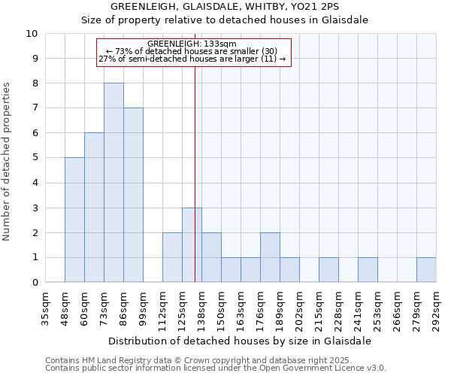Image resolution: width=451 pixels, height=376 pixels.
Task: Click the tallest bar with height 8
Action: coord(114,183)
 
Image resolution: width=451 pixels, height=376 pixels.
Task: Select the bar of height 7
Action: coord(133,195)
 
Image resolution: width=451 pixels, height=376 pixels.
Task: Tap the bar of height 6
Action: coord(94,208)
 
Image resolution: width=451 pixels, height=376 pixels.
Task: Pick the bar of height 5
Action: coord(74,220)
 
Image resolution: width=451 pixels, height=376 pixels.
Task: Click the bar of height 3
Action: coord(192,245)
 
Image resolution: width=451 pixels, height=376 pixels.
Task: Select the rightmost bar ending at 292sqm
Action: coord(426,270)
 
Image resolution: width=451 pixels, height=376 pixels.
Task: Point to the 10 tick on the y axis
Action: coord(32,34)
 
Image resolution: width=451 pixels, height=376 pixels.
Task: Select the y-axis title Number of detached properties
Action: coord(8,162)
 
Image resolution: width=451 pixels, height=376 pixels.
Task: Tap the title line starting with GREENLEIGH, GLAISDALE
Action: coord(224,7)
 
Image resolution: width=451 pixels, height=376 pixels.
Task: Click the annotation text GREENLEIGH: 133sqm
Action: coord(192,44)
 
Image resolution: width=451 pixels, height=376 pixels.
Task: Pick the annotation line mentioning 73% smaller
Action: coord(192,51)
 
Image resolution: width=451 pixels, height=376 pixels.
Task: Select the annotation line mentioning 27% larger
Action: coord(192,59)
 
